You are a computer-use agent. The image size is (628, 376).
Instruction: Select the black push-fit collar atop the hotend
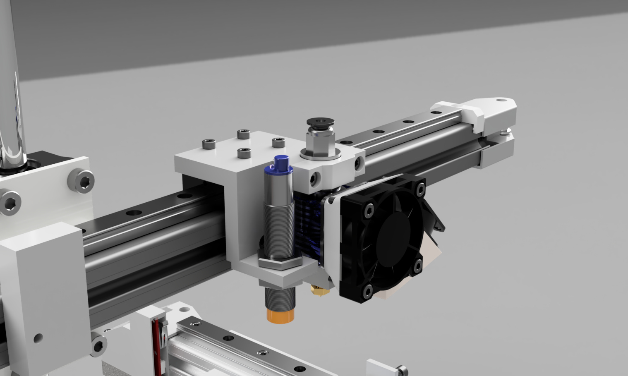[318, 122]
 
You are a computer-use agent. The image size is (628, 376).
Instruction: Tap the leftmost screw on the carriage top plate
[207, 143]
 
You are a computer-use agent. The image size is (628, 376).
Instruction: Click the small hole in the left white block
[38, 338]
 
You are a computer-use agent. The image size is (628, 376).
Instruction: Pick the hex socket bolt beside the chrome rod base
[81, 180]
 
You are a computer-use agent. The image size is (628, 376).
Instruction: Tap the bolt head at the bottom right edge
[401, 369]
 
